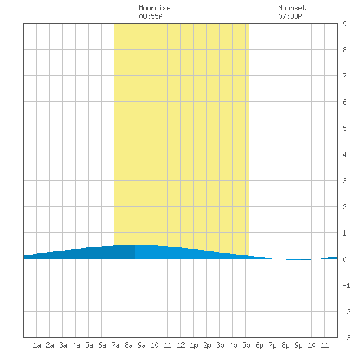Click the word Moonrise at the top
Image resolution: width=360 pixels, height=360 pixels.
[154, 8]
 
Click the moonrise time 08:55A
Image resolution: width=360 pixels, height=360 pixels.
[151, 16]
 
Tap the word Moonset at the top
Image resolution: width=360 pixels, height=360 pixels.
[292, 8]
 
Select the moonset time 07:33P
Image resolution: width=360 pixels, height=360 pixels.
[290, 16]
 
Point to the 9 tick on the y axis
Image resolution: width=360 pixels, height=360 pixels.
[344, 24]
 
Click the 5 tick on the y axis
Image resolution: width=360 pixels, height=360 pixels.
[344, 128]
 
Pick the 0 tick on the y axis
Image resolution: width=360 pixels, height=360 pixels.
[344, 259]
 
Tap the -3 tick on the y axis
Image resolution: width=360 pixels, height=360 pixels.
[346, 338]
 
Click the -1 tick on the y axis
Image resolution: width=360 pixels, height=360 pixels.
[346, 285]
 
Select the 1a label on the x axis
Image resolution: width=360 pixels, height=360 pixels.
[37, 345]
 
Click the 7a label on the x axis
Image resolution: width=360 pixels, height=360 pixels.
[115, 345]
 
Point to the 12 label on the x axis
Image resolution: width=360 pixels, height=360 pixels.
[181, 345]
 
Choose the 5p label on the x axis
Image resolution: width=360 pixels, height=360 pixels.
[246, 345]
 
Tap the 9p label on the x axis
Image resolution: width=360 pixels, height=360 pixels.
[298, 345]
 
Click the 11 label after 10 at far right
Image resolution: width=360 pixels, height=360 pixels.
[325, 345]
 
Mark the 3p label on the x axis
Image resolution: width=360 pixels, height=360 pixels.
[220, 345]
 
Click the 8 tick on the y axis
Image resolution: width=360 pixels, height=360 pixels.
[344, 50]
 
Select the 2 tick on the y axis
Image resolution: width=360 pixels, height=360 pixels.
[344, 207]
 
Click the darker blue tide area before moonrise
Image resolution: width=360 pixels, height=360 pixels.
[92, 253]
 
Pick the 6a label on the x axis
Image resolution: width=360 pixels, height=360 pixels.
[102, 345]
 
